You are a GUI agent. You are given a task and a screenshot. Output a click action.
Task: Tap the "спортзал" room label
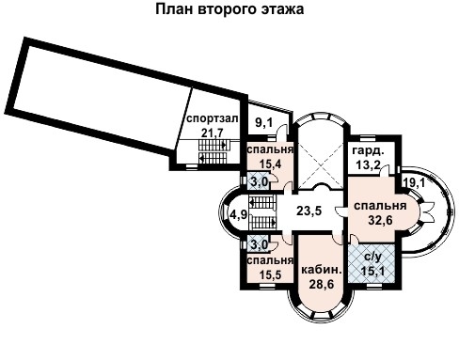[x=210, y=119]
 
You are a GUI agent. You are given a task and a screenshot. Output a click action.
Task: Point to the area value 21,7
[x=214, y=133]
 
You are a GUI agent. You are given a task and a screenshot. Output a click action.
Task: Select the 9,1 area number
[x=265, y=122]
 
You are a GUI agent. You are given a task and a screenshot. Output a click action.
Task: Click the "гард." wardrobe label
[x=366, y=151]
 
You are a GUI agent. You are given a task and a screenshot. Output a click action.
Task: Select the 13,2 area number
[x=366, y=164]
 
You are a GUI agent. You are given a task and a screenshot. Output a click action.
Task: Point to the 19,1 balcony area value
[x=415, y=182]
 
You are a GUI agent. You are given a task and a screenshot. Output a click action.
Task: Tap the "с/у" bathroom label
[x=372, y=257]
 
